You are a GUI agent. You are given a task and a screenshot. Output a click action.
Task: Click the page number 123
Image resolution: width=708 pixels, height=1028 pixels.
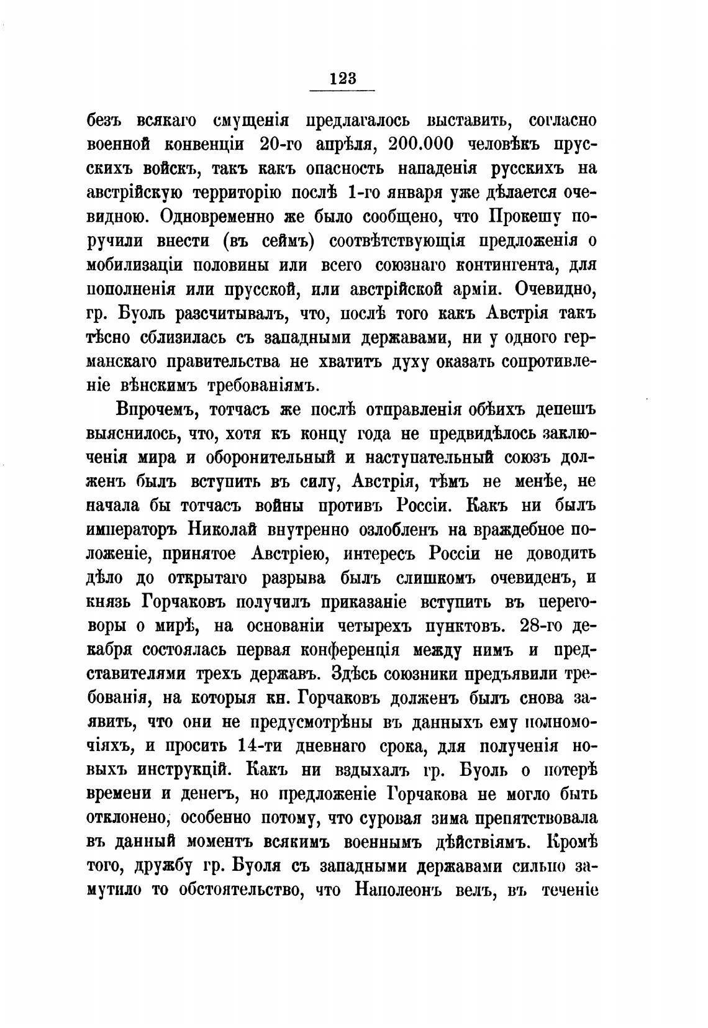point(342,78)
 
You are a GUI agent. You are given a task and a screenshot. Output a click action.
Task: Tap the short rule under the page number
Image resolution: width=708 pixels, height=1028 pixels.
point(342,91)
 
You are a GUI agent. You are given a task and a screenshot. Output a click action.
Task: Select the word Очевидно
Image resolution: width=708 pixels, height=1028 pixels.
point(551,289)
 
